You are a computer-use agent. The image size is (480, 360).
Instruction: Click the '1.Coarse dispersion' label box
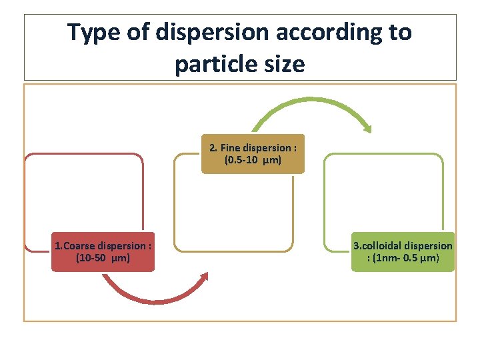[x=103, y=251]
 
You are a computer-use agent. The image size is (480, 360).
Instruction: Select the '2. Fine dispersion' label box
[x=253, y=154]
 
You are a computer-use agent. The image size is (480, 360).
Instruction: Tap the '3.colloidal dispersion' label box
[x=403, y=251]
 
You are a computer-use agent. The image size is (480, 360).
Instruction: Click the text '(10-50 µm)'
[x=103, y=257]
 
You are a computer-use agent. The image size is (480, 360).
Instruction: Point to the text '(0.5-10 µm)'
[x=253, y=161]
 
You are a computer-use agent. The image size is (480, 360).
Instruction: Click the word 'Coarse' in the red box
[x=81, y=245]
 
